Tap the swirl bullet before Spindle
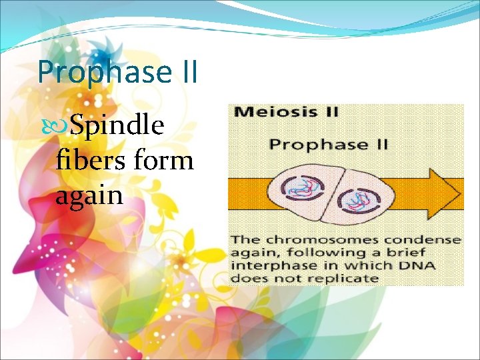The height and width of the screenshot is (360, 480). click(62, 125)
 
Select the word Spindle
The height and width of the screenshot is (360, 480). click(117, 125)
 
